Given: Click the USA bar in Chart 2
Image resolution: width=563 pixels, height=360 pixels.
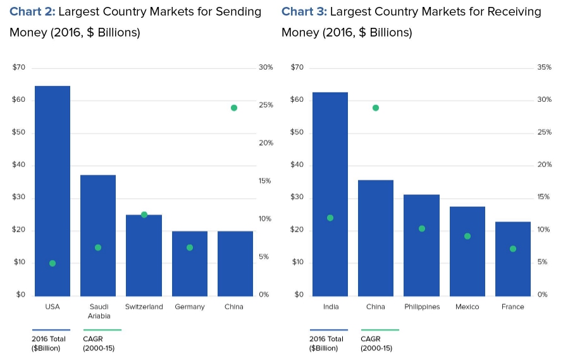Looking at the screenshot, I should click(53, 190).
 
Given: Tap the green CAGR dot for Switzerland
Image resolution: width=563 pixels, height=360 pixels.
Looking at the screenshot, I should click(144, 214).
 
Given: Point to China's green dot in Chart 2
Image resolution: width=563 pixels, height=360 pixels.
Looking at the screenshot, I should click(234, 108).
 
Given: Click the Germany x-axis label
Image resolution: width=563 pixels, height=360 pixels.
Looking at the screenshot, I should click(190, 307).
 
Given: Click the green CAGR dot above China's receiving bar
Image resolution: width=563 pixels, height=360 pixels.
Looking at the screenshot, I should click(376, 108).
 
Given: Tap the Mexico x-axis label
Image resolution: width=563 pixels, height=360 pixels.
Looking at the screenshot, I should click(467, 307).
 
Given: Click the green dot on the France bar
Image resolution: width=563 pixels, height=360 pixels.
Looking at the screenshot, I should click(513, 249).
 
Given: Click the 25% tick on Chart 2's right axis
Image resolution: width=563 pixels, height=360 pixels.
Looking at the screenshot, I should click(266, 105).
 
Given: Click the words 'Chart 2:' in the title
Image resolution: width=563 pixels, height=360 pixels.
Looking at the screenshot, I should click(32, 12).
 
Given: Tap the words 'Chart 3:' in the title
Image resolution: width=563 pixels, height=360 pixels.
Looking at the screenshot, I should click(304, 12).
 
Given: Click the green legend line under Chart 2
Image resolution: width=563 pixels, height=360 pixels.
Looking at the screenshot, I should click(102, 330).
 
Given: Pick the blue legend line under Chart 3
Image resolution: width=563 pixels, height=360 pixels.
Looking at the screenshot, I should click(328, 330).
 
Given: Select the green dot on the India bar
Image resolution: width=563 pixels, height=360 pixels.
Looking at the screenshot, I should click(330, 218).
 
